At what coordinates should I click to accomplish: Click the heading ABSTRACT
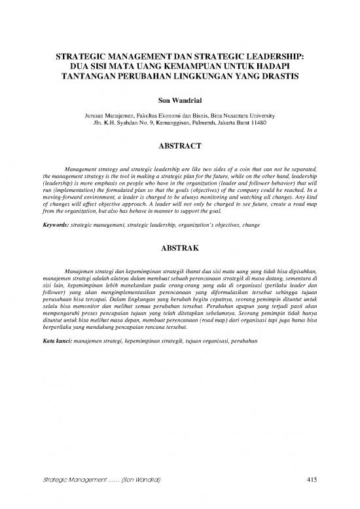180,146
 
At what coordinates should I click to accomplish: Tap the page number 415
312,481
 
